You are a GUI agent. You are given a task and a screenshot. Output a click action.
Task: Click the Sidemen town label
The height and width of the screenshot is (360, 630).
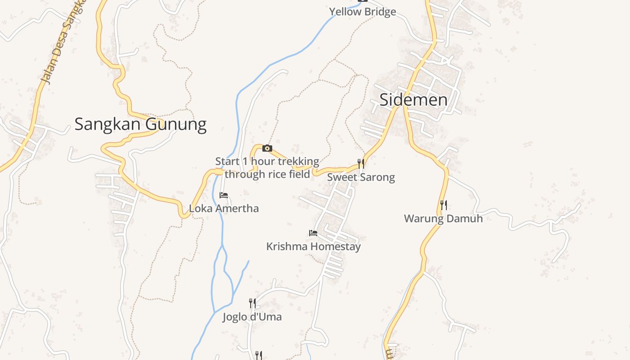coord(413,100)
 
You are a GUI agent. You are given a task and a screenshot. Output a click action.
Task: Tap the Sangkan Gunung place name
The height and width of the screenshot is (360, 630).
coord(140,124)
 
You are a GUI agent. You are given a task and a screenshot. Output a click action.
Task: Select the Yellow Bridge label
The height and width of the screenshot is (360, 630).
coord(362,12)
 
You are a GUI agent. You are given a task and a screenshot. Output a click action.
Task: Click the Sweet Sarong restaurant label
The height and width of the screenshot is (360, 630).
coord(361,177)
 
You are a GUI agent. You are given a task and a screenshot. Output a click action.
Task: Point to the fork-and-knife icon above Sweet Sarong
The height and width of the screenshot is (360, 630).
coord(361,163)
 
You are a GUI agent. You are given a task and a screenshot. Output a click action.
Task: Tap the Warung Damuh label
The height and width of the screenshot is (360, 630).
coord(443,219)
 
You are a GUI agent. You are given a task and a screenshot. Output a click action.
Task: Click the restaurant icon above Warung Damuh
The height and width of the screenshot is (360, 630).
coord(444,205)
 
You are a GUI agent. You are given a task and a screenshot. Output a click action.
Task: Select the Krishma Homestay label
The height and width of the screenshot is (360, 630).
coord(313,247)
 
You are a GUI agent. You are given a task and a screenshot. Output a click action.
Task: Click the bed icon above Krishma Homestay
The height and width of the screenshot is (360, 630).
coord(313,233)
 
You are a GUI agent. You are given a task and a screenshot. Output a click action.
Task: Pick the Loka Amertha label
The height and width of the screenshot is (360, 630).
coord(224,209)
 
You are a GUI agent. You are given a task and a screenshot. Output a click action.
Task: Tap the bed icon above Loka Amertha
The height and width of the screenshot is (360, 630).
coord(224,195)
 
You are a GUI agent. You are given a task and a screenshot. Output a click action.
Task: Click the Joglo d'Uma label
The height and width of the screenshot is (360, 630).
coord(252,317)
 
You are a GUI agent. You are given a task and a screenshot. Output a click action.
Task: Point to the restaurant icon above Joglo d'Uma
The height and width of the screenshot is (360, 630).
coord(252,303)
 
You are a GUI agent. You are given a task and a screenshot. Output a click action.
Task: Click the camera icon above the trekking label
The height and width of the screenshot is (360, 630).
coord(267,148)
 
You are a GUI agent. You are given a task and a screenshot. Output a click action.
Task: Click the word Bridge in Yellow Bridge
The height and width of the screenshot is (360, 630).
coord(380,12)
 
